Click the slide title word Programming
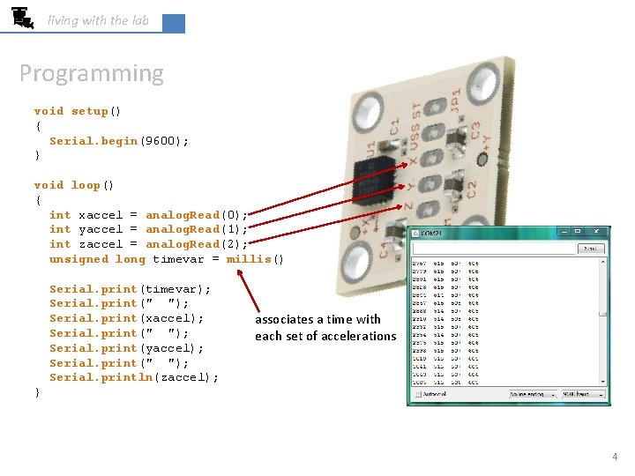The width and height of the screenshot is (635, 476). (x=92, y=73)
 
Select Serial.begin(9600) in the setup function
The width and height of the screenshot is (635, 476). (x=119, y=141)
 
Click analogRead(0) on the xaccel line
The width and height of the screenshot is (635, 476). (x=197, y=215)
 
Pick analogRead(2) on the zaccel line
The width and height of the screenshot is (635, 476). (x=197, y=244)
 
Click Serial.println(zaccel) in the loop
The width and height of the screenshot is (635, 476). (x=134, y=377)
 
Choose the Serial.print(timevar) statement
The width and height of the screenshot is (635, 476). (x=130, y=289)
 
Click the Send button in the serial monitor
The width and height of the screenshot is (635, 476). (x=590, y=249)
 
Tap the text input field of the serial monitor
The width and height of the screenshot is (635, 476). (x=494, y=249)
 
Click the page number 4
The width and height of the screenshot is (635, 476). (x=615, y=457)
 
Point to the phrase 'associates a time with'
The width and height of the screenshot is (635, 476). (x=317, y=320)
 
